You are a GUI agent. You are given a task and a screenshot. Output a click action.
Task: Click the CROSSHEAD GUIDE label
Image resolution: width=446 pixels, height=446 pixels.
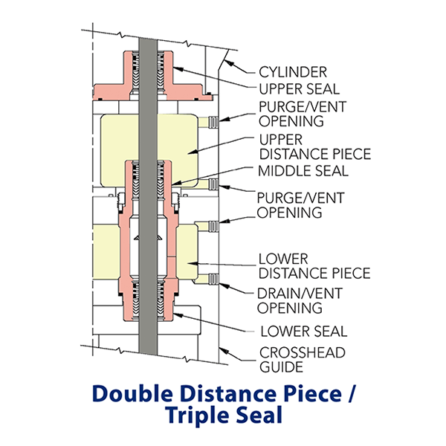pyautogui.click(x=300, y=359)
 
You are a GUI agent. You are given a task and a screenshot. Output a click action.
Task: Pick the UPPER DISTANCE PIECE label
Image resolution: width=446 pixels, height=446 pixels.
pyautogui.click(x=313, y=147)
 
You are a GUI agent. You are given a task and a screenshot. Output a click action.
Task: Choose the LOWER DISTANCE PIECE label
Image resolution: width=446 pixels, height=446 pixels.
pyautogui.click(x=313, y=266)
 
